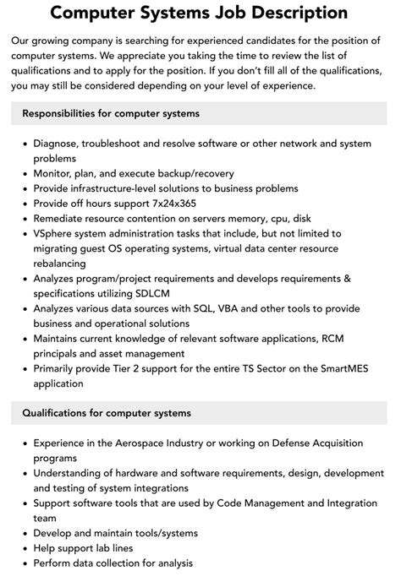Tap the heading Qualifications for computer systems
[107, 413]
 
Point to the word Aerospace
[149, 443]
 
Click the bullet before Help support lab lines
[23, 548]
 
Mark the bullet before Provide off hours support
[23, 203]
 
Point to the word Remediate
[62, 218]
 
